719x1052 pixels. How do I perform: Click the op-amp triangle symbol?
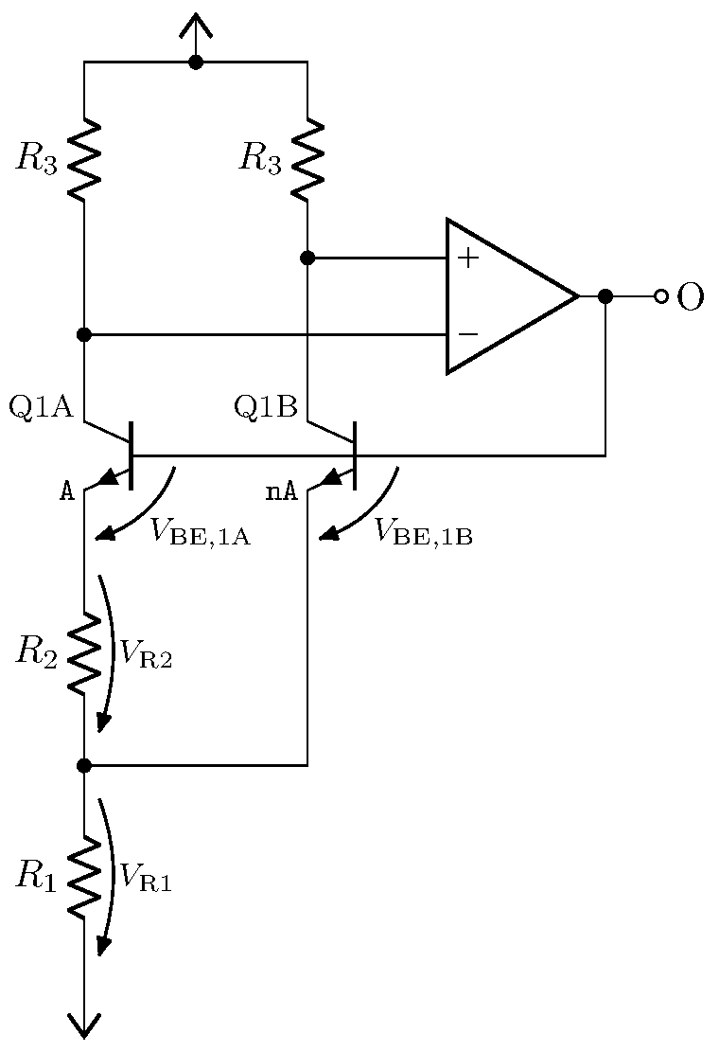click(x=506, y=296)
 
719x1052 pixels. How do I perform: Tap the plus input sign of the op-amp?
click(x=467, y=258)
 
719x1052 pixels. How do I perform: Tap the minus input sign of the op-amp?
click(x=467, y=334)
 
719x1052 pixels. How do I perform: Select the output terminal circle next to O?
click(x=661, y=296)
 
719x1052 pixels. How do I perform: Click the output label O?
click(x=691, y=297)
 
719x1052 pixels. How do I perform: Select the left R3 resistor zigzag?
click(x=84, y=159)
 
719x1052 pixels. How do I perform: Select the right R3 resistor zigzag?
click(x=307, y=159)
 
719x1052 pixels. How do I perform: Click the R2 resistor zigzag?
click(x=84, y=653)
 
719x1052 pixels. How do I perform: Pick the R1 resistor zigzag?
click(x=84, y=878)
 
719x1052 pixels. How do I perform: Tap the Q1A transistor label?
click(x=41, y=407)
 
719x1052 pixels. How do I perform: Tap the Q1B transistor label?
click(x=265, y=407)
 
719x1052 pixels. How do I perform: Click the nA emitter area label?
click(x=281, y=491)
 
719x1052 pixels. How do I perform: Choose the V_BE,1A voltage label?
click(x=200, y=533)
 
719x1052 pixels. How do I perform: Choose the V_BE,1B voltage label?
click(x=423, y=533)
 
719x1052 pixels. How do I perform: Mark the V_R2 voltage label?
click(x=144, y=655)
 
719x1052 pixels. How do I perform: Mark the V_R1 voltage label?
click(x=144, y=879)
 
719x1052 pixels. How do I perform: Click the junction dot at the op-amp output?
click(x=605, y=296)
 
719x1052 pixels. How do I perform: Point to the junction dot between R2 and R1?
click(x=84, y=765)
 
